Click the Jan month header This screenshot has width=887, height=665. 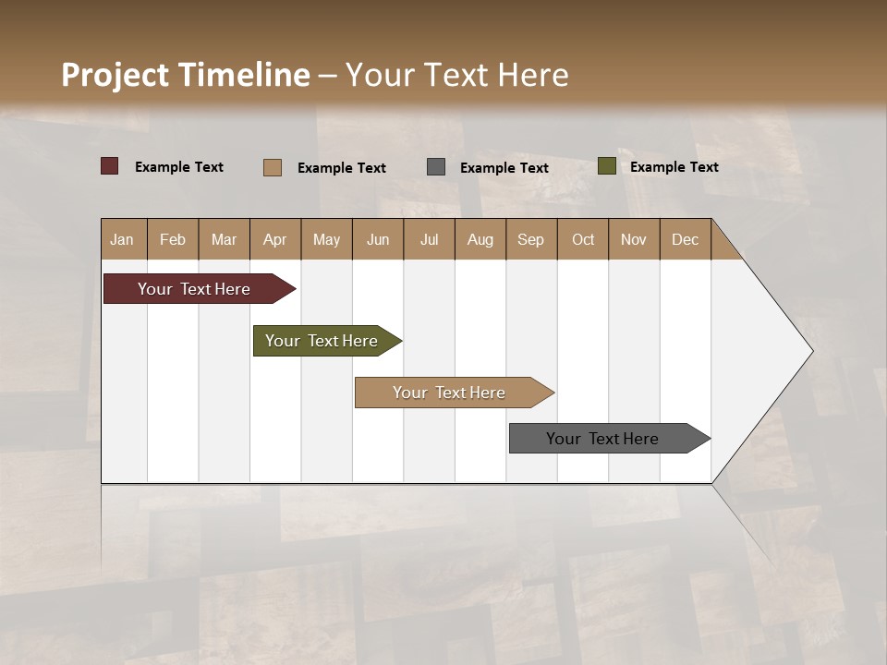point(123,239)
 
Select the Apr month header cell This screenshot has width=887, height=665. point(275,239)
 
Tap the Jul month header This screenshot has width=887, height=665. point(429,239)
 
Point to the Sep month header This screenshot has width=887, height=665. point(531,239)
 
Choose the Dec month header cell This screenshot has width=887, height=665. point(685,239)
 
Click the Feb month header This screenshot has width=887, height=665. point(173,239)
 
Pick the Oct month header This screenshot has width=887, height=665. point(583,239)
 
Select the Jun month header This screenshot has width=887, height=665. point(378,239)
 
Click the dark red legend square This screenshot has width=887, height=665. point(110,166)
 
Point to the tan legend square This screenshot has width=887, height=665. point(273,167)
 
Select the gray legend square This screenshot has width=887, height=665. point(436,167)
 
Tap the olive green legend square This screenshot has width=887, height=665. point(607,166)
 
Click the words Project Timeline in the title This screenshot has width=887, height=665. point(185,75)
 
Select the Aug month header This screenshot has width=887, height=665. point(480,239)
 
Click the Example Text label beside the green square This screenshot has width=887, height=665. point(674,166)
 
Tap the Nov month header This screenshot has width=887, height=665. point(634,239)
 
